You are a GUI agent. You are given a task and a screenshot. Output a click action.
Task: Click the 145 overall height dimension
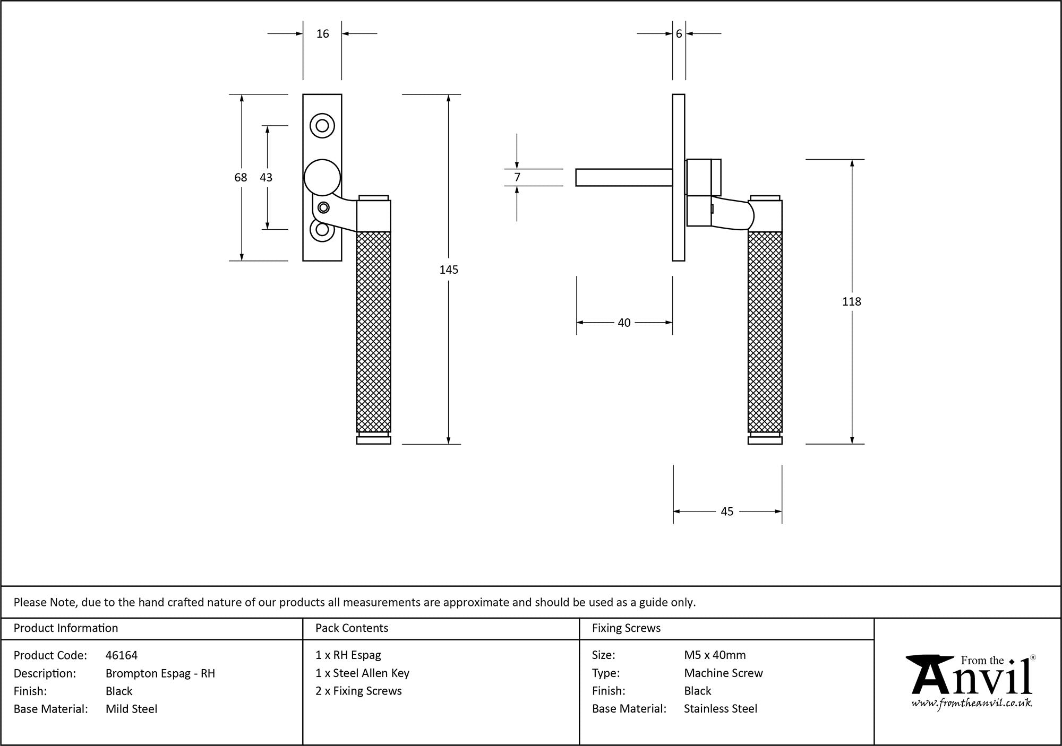[x=449, y=270]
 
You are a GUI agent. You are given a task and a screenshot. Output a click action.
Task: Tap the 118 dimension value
[x=851, y=301]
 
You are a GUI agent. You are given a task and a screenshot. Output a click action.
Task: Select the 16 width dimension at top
[x=322, y=34]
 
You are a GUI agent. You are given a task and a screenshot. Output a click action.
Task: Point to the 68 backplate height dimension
[x=241, y=177]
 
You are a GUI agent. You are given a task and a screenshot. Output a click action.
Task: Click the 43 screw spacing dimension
[x=266, y=177]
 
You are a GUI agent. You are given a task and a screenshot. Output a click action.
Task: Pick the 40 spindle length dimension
[x=624, y=323]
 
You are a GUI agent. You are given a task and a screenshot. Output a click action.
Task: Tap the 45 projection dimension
[x=727, y=511]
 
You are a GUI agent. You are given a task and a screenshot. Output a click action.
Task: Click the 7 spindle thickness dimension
[x=517, y=177]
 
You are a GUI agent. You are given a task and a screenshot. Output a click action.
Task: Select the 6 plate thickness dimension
[x=679, y=34]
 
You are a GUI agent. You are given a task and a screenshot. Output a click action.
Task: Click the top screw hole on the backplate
[x=322, y=126]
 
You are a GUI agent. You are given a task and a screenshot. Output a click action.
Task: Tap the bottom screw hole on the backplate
[x=322, y=230]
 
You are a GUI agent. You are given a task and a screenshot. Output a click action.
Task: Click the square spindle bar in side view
[x=624, y=177]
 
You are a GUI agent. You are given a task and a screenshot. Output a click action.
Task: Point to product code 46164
[x=122, y=655]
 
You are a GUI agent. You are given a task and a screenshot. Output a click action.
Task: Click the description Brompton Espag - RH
[x=160, y=673]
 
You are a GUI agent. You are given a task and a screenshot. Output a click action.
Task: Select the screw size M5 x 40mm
[x=715, y=655]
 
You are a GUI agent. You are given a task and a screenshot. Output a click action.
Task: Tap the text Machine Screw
[x=723, y=673]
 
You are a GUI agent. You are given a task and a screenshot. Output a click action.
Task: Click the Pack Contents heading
[x=352, y=628]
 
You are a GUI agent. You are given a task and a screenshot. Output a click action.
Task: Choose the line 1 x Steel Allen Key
[x=362, y=673]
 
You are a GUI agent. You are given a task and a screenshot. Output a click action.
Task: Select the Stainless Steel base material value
[x=721, y=709]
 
